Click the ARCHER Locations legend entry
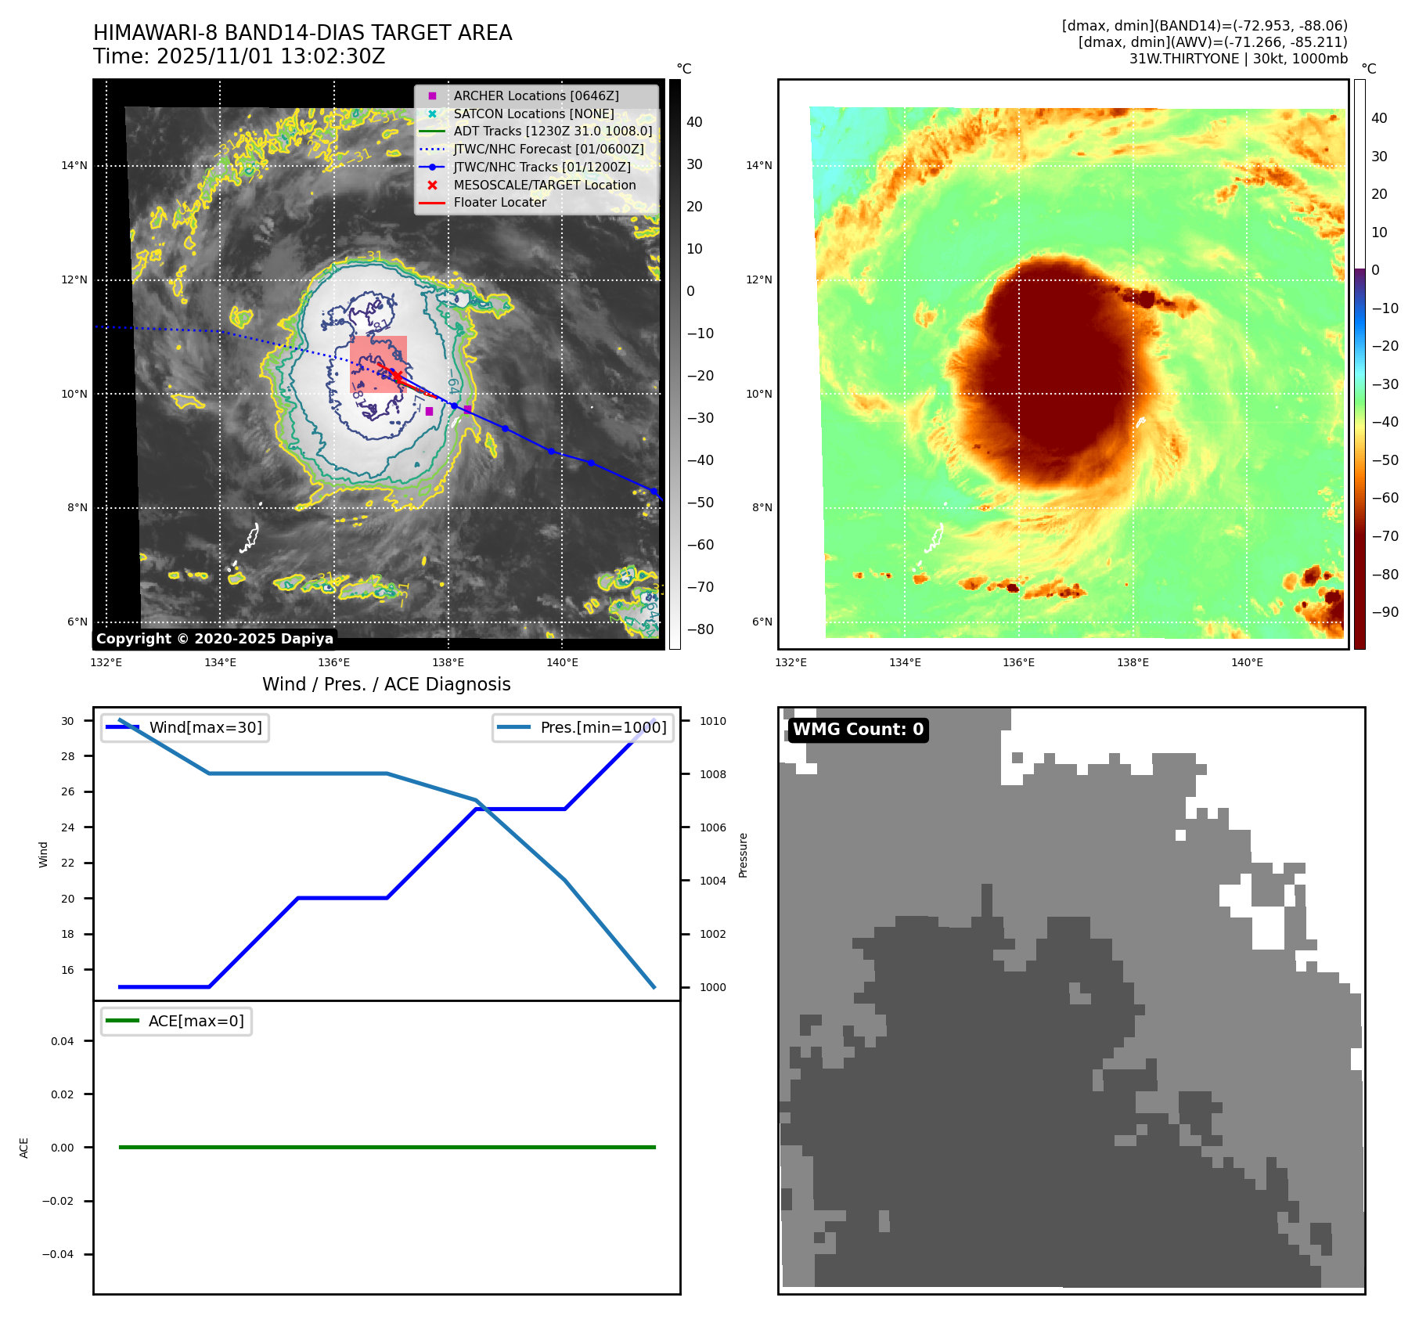pos(535,96)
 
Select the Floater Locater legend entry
pos(499,202)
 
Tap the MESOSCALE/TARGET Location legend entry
pos(544,185)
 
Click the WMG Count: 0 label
pos(858,730)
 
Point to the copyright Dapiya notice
pos(214,639)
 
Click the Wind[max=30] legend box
pos(185,727)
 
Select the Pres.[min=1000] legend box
pos(583,727)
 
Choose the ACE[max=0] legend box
pos(177,1021)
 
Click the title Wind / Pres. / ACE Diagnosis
pos(386,684)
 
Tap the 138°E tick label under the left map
pos(448,662)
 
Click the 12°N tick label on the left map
pos(74,279)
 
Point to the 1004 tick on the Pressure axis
pos(712,881)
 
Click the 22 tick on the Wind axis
pos(68,863)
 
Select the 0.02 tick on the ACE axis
pos(63,1094)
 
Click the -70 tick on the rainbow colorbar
pos(1385,536)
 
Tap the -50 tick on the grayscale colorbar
pos(700,503)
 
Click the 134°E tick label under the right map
pos(905,662)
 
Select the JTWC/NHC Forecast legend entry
pos(548,149)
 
